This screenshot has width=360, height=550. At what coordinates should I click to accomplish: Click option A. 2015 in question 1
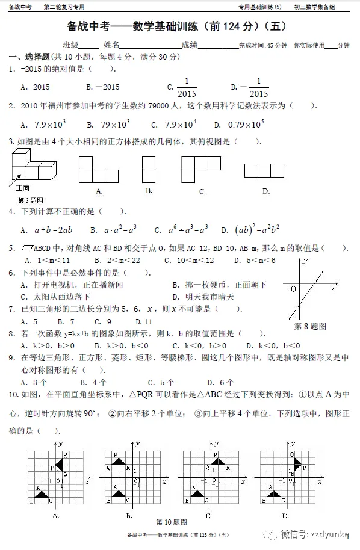35,87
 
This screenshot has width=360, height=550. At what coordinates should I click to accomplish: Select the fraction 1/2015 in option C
187,87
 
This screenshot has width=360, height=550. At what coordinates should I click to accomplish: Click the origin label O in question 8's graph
293,289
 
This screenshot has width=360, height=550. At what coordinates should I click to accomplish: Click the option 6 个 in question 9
221,382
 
